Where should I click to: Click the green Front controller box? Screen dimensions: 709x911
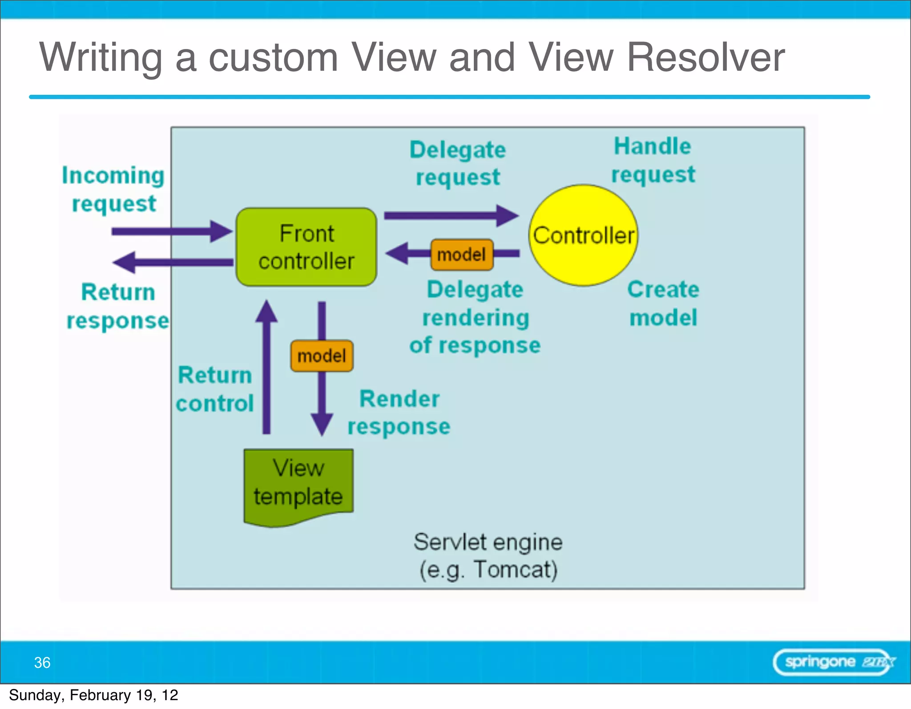[306, 247]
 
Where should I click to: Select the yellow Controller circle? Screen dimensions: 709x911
[583, 235]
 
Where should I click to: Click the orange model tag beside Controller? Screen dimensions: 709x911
[462, 255]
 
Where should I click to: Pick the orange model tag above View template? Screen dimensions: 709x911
[322, 356]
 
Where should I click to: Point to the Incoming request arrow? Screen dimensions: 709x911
[171, 231]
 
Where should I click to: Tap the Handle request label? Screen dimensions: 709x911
[653, 160]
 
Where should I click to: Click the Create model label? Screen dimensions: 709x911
[663, 303]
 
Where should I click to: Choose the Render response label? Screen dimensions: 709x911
[399, 412]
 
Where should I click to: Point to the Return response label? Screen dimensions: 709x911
[118, 306]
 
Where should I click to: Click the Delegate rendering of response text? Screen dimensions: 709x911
[475, 317]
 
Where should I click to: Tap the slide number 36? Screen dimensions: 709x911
[42, 662]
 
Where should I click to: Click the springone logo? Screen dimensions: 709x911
[834, 662]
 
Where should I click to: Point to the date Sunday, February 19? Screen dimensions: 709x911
[93, 695]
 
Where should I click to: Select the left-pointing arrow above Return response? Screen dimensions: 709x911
[173, 262]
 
